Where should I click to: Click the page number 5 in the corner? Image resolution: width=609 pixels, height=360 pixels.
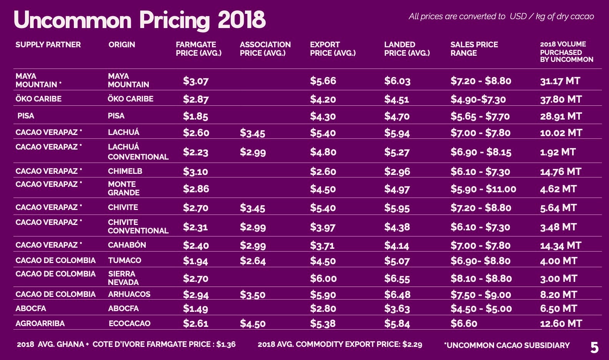[594, 348]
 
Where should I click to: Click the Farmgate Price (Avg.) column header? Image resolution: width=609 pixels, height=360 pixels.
[198, 49]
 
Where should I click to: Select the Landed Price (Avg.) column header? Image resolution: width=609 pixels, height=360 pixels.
[407, 49]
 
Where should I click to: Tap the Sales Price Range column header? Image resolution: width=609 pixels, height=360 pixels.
[474, 49]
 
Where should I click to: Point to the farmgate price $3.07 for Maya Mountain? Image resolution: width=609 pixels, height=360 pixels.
[196, 81]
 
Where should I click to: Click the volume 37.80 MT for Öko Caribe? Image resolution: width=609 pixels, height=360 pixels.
[561, 99]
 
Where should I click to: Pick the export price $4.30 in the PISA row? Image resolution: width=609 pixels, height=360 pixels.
[323, 116]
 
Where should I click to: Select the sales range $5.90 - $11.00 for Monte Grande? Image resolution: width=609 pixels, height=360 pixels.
[483, 189]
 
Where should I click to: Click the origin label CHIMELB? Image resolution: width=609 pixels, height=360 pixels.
[125, 171]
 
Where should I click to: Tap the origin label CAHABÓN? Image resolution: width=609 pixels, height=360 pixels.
[127, 245]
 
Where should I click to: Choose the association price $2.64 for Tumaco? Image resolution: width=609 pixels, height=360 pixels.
[253, 261]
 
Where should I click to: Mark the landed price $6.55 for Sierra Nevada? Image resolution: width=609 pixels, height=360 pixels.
[397, 278]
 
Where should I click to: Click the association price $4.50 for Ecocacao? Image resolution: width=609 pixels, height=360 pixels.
[253, 323]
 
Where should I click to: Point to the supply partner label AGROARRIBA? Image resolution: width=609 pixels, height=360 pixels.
[40, 323]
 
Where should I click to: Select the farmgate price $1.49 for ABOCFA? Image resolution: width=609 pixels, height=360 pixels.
[195, 308]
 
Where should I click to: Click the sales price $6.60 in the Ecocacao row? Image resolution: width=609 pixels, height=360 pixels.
[464, 323]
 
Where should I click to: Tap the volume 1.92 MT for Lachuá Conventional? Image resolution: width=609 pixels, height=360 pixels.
[557, 152]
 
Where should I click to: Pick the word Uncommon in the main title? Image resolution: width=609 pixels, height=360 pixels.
[73, 20]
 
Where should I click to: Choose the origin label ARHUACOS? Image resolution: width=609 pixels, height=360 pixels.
[129, 294]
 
